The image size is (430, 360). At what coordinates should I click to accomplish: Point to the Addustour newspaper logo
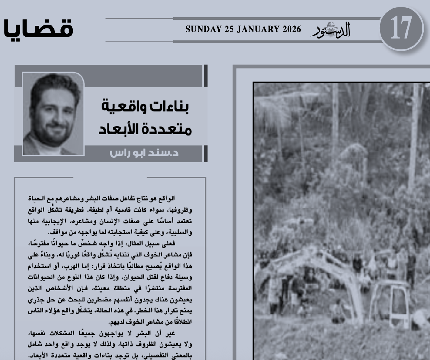331,29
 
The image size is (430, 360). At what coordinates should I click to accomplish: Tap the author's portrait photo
53,114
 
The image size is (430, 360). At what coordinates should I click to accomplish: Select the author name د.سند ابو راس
144,153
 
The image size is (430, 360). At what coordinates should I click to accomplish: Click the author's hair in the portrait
55,83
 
